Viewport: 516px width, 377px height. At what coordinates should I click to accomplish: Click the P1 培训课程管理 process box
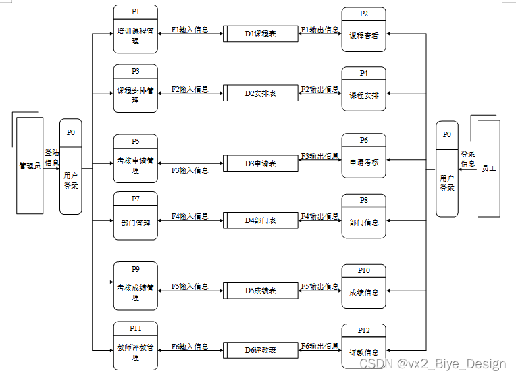[136, 30]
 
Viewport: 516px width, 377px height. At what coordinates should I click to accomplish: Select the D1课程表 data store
[261, 34]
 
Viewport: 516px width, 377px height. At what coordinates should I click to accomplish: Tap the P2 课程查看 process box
[363, 30]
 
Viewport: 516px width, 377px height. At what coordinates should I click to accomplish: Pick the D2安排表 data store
[261, 93]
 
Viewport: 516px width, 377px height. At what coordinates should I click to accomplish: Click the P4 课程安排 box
[363, 90]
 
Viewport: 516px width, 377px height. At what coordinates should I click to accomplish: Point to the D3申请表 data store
[261, 164]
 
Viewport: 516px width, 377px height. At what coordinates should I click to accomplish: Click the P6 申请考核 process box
[363, 157]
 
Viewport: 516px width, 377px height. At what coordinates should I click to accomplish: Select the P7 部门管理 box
[136, 216]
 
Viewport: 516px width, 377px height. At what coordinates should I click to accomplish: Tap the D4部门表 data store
[261, 221]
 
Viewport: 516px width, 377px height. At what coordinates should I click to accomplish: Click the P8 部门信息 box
[363, 217]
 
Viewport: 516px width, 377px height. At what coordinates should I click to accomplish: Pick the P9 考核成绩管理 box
[136, 286]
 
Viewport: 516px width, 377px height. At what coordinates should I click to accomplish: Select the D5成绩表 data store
[261, 291]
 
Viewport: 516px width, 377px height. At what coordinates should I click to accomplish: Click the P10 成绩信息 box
[363, 288]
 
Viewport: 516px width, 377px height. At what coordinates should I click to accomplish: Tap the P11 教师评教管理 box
[136, 346]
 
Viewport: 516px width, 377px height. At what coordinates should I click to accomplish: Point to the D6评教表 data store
[261, 350]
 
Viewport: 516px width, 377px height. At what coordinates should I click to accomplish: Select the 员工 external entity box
[489, 168]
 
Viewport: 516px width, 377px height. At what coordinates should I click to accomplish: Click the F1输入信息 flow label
[190, 30]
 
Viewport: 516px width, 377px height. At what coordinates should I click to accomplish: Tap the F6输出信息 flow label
[319, 346]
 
